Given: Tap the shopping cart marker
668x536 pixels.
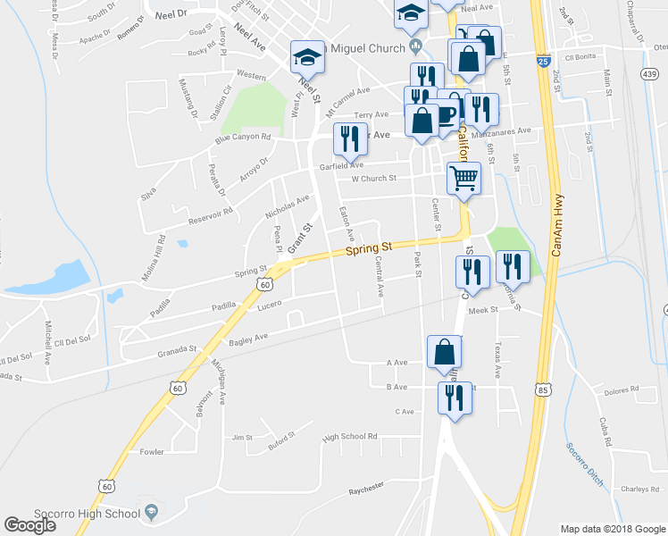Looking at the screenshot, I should (463, 178).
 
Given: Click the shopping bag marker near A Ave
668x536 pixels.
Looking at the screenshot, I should (444, 353).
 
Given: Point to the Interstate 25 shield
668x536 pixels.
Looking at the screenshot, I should (543, 62).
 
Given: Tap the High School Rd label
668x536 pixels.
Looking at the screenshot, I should (350, 437).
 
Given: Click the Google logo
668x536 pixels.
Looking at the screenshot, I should (29, 525).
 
